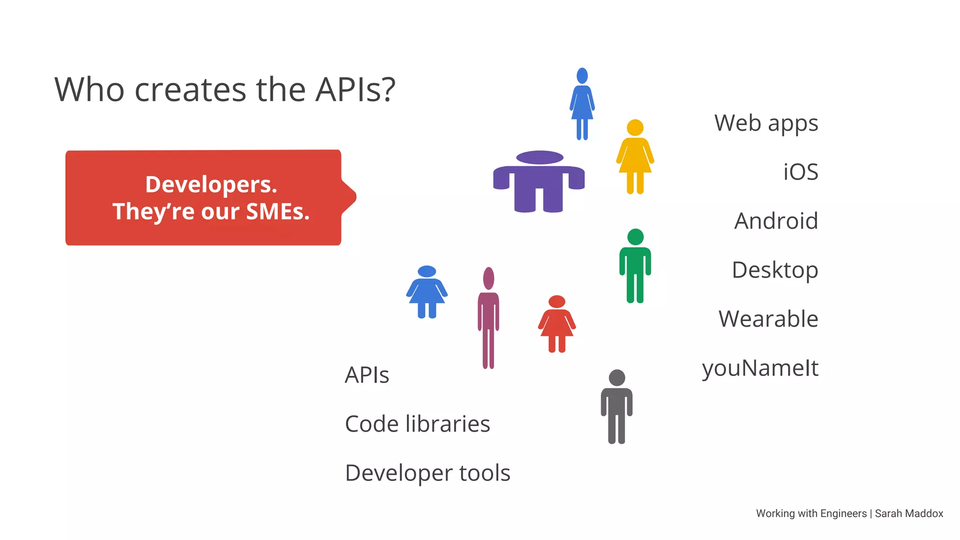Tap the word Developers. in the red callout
click(x=211, y=184)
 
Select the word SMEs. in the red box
click(x=278, y=211)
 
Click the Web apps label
click(x=766, y=124)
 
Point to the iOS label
click(x=801, y=172)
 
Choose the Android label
click(x=776, y=221)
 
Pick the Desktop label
click(x=775, y=270)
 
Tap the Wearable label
click(x=768, y=319)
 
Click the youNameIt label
click(x=760, y=368)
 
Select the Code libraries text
click(x=417, y=424)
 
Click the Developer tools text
click(x=427, y=473)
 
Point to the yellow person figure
click(x=635, y=157)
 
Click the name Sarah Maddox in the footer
click(x=909, y=514)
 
